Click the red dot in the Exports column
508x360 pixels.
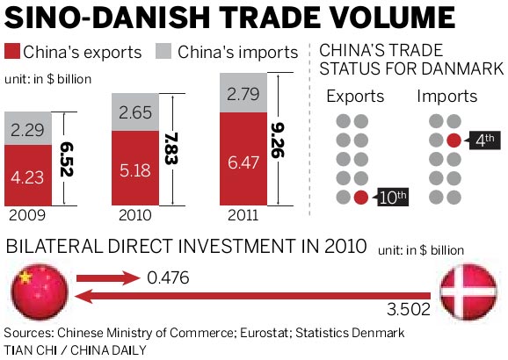coord(360,197)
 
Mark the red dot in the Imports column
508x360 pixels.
coord(453,140)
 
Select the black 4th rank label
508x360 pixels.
coord(482,140)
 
